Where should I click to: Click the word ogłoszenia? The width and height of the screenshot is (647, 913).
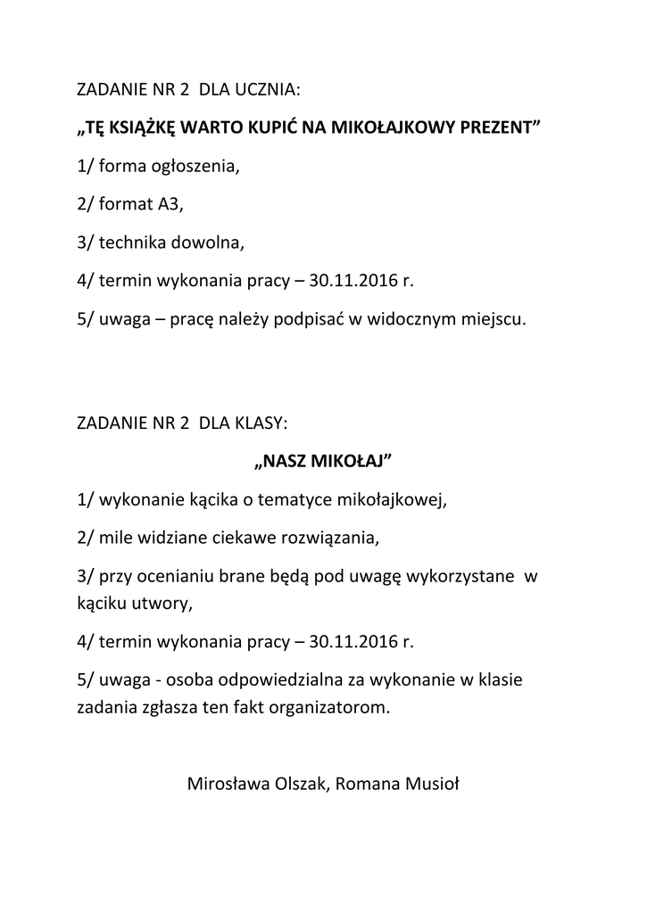tap(192, 166)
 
